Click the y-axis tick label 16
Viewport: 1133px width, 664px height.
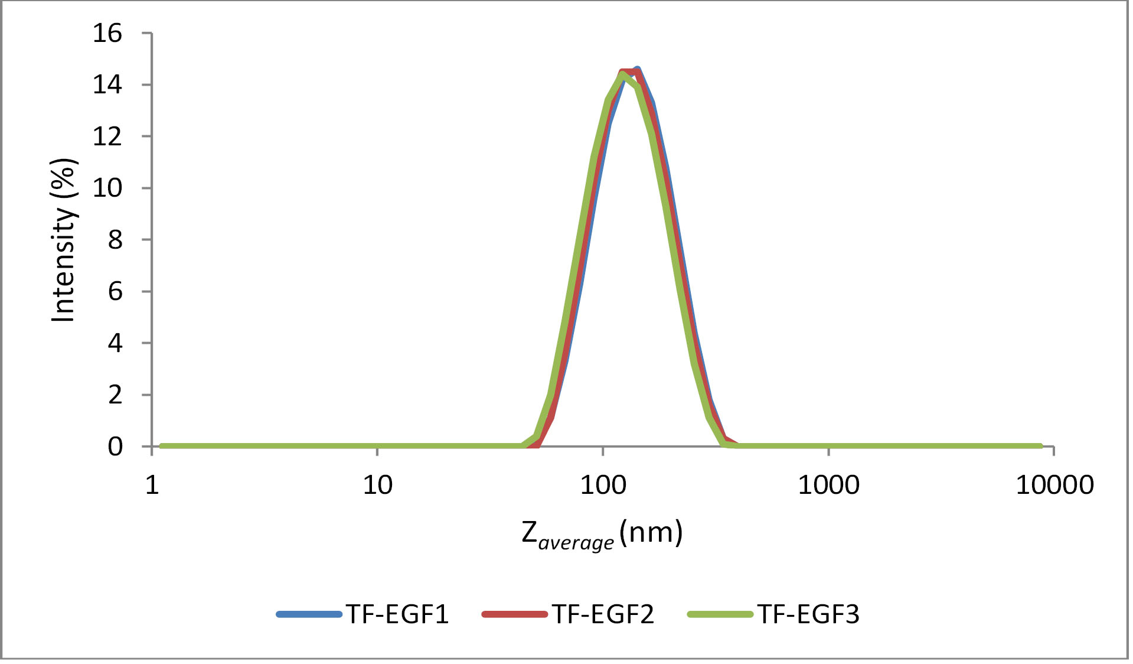click(107, 33)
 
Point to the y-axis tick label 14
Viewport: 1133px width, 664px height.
click(107, 85)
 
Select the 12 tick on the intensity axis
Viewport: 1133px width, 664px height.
click(107, 136)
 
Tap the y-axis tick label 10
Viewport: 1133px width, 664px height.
click(107, 188)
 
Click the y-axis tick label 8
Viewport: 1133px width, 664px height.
click(115, 240)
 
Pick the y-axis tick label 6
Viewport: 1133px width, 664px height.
click(115, 291)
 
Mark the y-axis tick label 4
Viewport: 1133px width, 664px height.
click(115, 343)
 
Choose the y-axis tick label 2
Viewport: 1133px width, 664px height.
click(115, 395)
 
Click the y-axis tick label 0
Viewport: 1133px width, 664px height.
click(115, 447)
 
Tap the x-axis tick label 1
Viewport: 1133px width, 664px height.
click(152, 485)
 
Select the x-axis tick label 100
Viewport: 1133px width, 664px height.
click(603, 485)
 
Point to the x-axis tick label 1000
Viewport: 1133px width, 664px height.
click(828, 485)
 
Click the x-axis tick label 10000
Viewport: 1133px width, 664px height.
click(1054, 485)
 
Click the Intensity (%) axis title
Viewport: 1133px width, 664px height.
click(64, 240)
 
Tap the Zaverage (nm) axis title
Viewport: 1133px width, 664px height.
click(602, 533)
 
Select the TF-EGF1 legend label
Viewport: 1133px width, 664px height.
click(397, 614)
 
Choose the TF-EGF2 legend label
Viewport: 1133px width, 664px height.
click(603, 614)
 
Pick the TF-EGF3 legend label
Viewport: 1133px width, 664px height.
click(808, 614)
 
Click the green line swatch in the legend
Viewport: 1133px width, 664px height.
click(720, 614)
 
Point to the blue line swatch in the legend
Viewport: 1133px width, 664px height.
click(309, 614)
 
